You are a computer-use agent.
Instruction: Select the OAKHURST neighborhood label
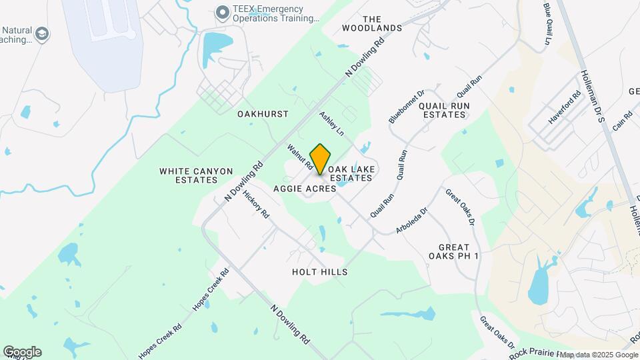point(263,114)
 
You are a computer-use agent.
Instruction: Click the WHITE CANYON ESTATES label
point(196,176)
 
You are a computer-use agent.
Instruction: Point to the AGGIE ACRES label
point(305,189)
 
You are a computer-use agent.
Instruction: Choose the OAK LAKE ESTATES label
point(349,173)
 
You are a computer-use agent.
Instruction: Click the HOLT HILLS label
point(319,272)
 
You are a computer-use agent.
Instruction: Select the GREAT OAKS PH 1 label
point(459,251)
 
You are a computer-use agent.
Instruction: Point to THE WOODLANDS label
point(372,23)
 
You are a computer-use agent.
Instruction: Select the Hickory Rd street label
point(256,205)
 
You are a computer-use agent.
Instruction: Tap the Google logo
point(22,352)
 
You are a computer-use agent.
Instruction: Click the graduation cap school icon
point(43,34)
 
